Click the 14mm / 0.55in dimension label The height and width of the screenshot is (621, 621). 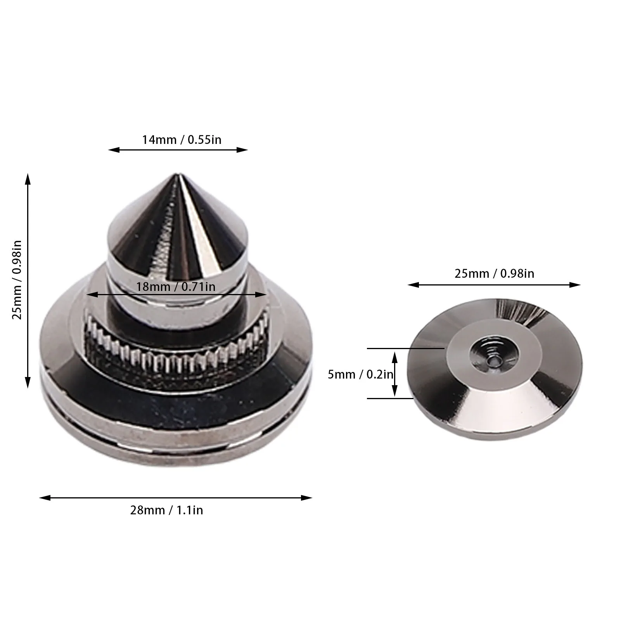coord(182,139)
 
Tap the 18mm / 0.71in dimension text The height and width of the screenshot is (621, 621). coord(175,287)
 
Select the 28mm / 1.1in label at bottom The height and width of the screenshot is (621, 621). coord(166,510)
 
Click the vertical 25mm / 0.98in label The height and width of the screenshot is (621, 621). coord(17,280)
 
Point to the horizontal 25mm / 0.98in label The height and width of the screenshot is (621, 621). coord(494,273)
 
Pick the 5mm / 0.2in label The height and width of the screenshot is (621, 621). coord(360,374)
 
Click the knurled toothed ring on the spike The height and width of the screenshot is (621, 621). coord(175,353)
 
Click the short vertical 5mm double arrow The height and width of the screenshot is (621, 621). coord(395,374)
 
